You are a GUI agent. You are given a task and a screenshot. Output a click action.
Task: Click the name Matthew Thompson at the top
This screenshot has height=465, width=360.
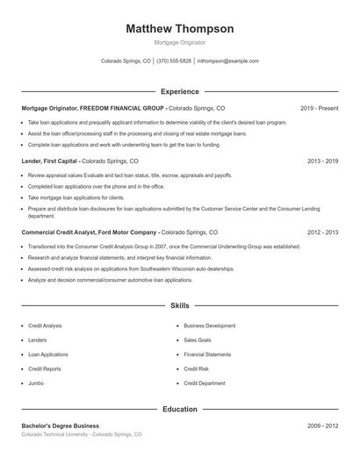[x=180, y=28]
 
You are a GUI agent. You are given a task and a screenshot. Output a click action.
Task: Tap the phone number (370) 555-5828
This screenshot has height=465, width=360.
[x=174, y=61]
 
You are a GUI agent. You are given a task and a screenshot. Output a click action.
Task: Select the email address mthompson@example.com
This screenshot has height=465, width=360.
[x=227, y=61]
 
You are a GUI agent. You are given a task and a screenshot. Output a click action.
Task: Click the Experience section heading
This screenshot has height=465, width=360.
[x=180, y=91]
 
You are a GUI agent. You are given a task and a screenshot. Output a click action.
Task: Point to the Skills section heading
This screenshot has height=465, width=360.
[x=180, y=305]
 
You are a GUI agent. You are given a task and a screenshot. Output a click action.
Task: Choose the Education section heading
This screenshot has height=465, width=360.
[x=180, y=409]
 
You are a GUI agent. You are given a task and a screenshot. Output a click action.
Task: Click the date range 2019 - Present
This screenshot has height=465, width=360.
[x=319, y=108]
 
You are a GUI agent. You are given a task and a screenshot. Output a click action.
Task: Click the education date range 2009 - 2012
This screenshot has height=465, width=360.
[x=322, y=426]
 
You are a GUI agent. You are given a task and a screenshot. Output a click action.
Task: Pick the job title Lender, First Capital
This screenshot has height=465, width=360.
[x=49, y=162]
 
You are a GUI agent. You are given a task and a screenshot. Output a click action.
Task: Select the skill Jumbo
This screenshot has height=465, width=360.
[x=36, y=383]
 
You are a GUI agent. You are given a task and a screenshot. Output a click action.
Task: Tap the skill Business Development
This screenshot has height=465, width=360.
[x=209, y=325]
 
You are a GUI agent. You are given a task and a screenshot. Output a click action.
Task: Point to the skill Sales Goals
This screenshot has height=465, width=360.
[x=198, y=340]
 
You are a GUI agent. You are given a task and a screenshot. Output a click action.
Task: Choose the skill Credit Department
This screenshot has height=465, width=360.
[x=204, y=383]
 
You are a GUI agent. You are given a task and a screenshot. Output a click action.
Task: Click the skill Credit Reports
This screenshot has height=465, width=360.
[x=45, y=369]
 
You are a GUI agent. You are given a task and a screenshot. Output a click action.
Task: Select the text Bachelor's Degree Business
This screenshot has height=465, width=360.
[x=61, y=426]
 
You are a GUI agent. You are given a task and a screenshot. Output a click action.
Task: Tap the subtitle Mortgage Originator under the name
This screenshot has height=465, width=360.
[x=180, y=41]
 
